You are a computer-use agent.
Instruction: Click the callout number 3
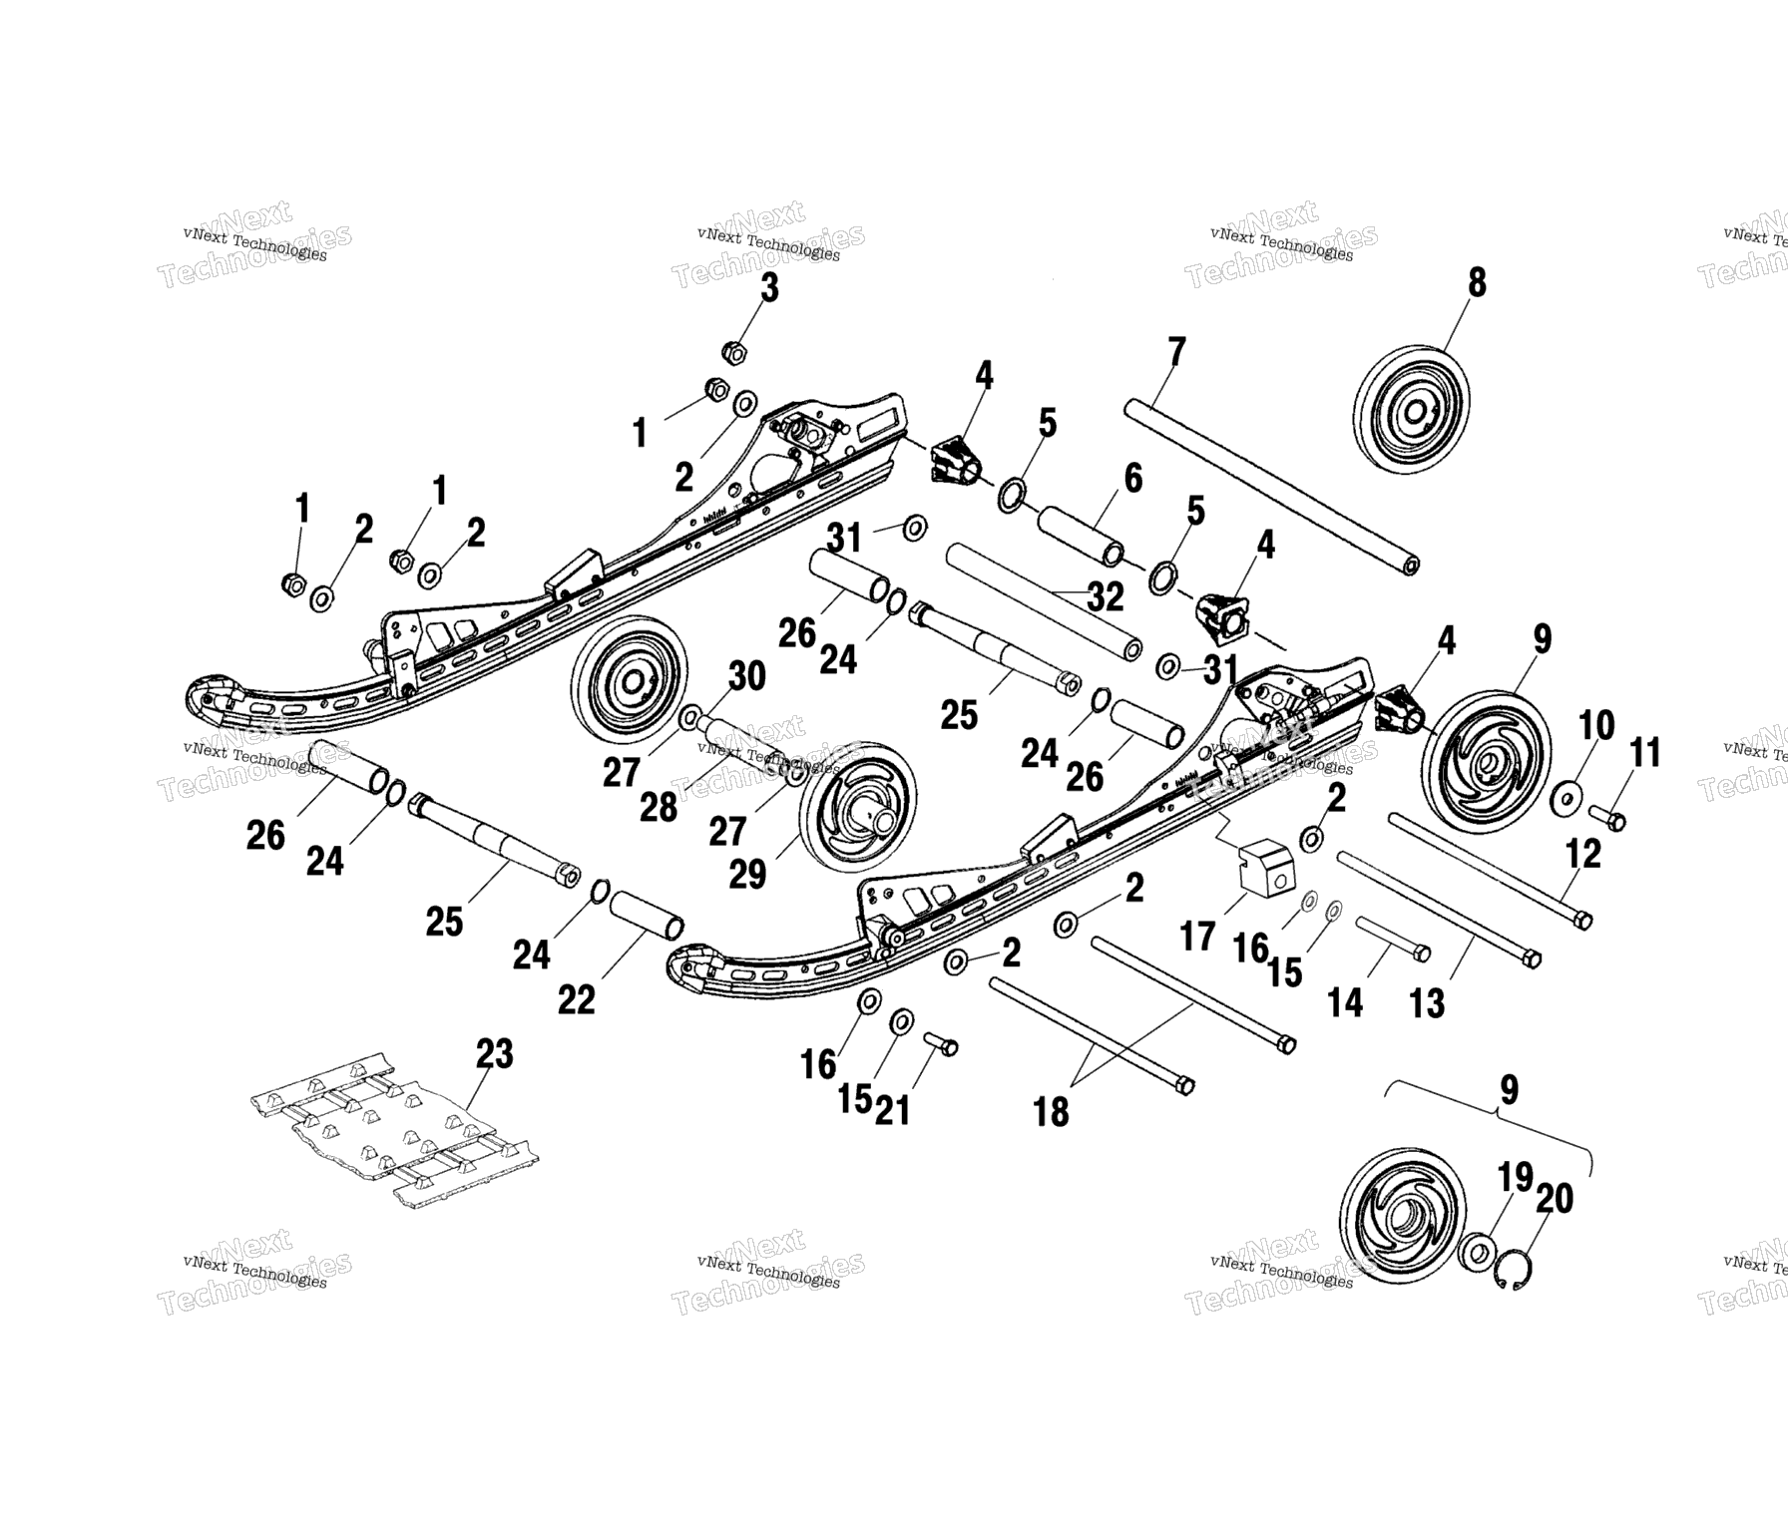[769, 287]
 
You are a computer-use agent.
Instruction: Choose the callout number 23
[494, 1053]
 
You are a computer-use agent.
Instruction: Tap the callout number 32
[1105, 596]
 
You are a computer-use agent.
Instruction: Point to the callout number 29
[747, 874]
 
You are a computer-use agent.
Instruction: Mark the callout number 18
[1051, 1111]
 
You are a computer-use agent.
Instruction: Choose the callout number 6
[1132, 478]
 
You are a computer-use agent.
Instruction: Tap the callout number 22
[576, 998]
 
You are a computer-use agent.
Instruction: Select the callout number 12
[1583, 853]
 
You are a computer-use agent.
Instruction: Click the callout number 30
[746, 675]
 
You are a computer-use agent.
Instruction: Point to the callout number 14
[1345, 1001]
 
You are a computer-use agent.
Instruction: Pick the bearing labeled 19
[1477, 1252]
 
